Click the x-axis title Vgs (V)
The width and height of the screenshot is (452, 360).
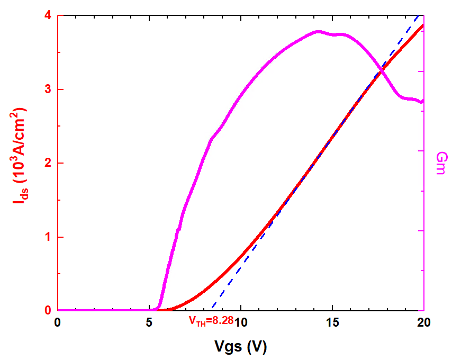(x=240, y=347)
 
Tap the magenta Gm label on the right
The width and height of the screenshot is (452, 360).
(x=440, y=163)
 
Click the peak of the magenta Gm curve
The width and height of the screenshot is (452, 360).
(x=318, y=32)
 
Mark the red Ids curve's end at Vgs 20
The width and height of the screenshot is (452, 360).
(x=423, y=25)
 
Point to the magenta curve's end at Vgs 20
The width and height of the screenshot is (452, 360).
(x=423, y=101)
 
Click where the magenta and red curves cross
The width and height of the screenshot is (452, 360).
(x=381, y=71)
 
